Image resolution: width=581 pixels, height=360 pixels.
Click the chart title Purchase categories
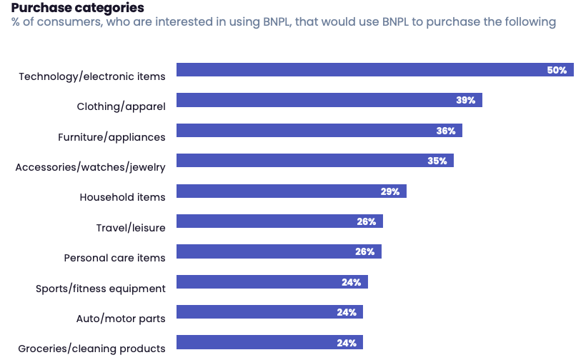point(77,8)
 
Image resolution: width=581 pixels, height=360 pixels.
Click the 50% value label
point(557,70)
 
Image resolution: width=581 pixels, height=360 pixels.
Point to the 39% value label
point(466,100)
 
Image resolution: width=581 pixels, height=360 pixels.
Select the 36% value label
point(446,131)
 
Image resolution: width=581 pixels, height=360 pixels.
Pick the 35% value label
point(437,161)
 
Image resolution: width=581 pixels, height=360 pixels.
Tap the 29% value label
point(390,191)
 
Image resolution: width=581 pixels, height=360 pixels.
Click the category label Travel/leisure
point(131,228)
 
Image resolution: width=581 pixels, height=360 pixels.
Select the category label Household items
point(122,197)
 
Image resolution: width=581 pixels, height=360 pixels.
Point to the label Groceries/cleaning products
point(91,349)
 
